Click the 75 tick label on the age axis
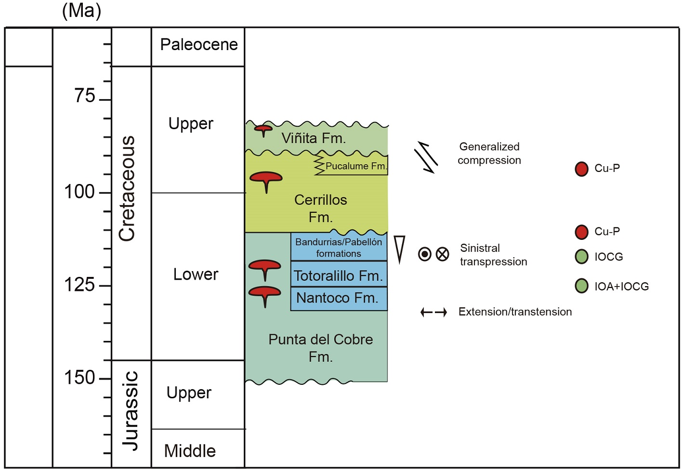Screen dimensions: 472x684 [85, 96]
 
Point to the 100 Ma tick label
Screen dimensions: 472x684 [79, 192]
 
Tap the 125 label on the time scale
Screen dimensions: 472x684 [79, 285]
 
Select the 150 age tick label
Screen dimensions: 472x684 [79, 378]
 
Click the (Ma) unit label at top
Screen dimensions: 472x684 [81, 11]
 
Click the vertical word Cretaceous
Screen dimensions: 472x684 [127, 188]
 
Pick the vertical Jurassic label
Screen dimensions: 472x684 [130, 411]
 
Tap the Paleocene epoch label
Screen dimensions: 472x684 [199, 45]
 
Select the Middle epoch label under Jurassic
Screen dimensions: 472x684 [190, 451]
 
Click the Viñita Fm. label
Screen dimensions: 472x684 [314, 139]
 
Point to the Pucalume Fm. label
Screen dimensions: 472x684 [355, 166]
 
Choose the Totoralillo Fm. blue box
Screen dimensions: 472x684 [339, 275]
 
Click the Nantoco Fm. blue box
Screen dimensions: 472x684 [339, 299]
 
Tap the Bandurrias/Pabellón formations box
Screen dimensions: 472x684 [339, 247]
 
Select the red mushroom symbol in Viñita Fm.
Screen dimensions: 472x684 [263, 130]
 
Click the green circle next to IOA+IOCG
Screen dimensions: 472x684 [581, 286]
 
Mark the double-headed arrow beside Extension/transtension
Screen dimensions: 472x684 [434, 313]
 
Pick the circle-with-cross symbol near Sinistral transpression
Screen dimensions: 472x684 [442, 254]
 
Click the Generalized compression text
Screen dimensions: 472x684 [489, 153]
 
